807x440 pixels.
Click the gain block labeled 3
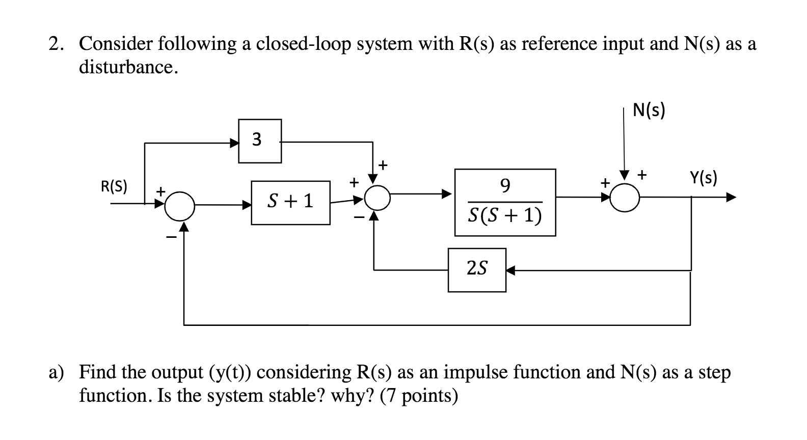[x=260, y=141]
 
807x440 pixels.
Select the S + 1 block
[x=290, y=202]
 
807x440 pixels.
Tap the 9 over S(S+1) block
[x=505, y=202]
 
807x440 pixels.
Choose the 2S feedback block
[x=477, y=270]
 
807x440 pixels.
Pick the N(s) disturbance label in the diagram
[x=649, y=110]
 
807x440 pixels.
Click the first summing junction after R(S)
[x=179, y=206]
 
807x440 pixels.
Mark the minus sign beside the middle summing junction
[x=360, y=217]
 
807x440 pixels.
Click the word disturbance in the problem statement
[x=128, y=67]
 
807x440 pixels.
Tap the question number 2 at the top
[x=56, y=44]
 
